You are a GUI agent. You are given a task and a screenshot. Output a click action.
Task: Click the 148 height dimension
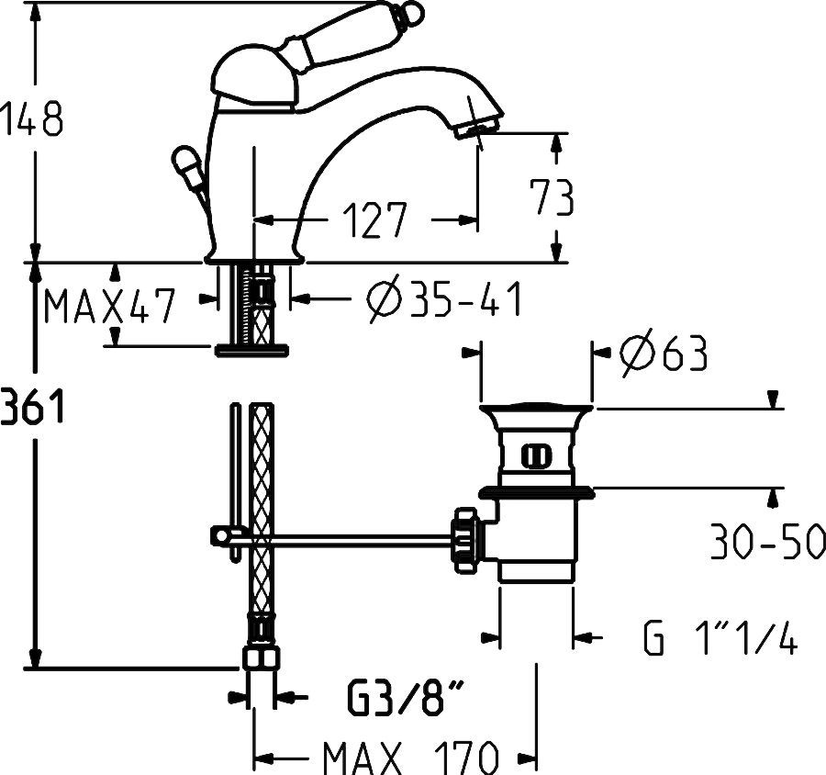[x=31, y=120]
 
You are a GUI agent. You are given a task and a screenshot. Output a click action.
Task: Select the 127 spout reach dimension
[x=374, y=221]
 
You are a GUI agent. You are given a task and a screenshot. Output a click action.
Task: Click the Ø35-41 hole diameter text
[x=443, y=299]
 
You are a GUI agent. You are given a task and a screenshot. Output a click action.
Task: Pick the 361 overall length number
[x=31, y=405]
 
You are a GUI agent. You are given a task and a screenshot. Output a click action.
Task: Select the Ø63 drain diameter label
[x=663, y=354]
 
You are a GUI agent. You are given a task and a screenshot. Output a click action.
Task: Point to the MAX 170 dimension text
[x=409, y=758]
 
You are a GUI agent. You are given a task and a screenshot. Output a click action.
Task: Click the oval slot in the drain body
[x=536, y=454]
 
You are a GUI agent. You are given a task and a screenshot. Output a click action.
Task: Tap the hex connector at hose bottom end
[x=262, y=660]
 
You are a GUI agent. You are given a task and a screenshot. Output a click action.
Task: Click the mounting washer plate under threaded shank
[x=251, y=349]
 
